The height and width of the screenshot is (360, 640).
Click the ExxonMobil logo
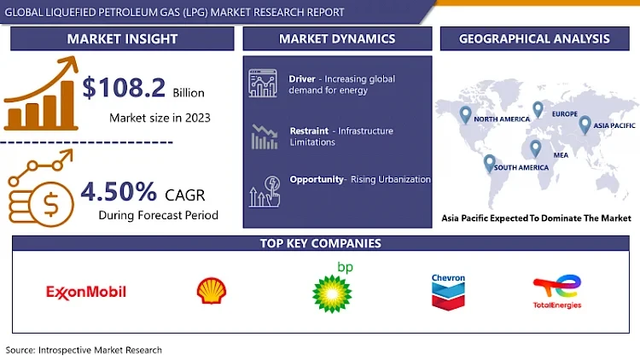pos(85,292)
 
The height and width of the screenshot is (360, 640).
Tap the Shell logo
pos(212,291)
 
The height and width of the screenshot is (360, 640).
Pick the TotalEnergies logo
pos(557,293)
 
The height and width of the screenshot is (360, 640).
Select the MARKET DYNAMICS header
pos(337,38)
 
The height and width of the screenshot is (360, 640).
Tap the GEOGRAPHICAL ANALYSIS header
pos(534,38)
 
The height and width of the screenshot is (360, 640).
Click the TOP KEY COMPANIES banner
pos(320,244)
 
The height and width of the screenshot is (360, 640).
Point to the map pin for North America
pos(464,113)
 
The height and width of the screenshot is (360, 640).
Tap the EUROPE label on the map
pos(564,113)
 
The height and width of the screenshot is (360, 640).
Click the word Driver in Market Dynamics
pos(303,78)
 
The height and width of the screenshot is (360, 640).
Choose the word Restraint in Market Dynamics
pos(310,131)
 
